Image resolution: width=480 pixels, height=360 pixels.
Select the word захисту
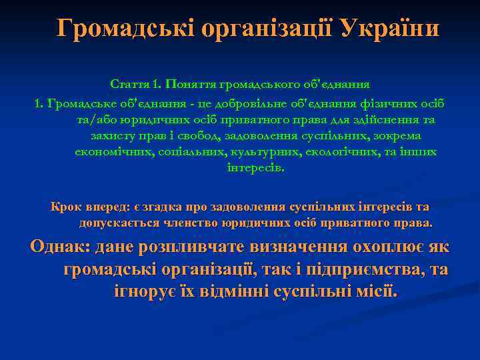113,136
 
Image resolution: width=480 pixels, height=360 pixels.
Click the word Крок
67,207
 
